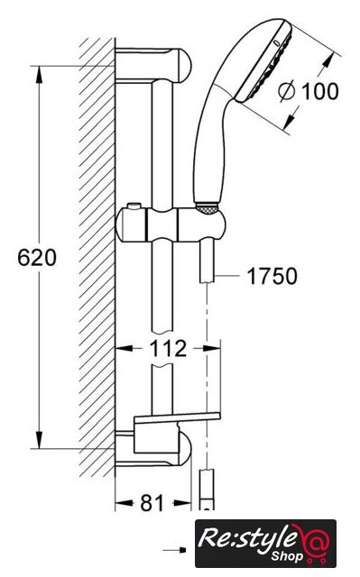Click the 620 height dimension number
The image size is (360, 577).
[37, 257]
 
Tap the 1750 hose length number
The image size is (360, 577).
[272, 276]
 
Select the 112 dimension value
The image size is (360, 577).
[168, 349]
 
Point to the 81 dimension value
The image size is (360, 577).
[152, 503]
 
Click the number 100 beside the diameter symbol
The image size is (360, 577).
[320, 91]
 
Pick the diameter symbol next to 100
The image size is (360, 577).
[287, 91]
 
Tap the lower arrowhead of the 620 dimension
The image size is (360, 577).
[39, 440]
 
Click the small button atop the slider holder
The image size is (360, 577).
[134, 206]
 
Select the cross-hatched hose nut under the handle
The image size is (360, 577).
[208, 208]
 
